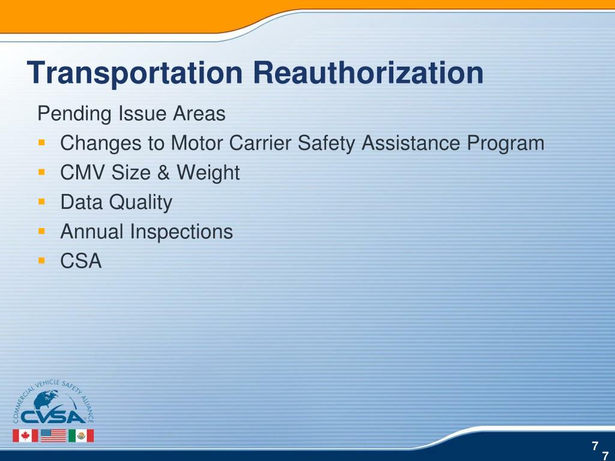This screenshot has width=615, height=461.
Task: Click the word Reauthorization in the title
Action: click(x=368, y=74)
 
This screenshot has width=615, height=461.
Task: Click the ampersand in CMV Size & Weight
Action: click(x=164, y=173)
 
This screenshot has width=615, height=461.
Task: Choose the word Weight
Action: click(x=208, y=173)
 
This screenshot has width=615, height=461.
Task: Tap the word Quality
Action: click(x=141, y=202)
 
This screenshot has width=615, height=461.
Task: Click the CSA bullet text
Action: click(x=81, y=261)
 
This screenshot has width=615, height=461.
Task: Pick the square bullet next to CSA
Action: click(x=41, y=261)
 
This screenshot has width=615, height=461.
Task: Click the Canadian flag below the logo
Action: click(x=25, y=435)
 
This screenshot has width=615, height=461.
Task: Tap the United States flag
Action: click(x=53, y=435)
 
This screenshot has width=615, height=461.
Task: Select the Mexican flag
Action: click(x=80, y=435)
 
